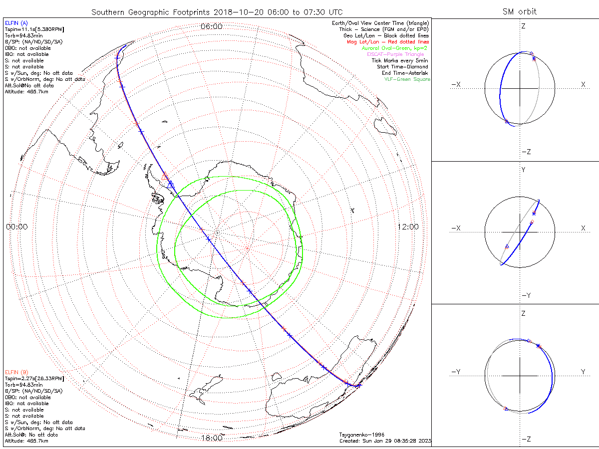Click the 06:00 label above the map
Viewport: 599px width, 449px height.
[211, 26]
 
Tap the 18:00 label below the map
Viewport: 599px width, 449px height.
[211, 438]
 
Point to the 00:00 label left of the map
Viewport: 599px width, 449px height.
[16, 226]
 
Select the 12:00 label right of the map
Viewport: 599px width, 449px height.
[408, 226]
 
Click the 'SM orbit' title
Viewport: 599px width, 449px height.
[520, 11]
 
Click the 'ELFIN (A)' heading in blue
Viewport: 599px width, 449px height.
[16, 23]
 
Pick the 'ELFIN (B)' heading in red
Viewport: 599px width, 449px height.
[16, 372]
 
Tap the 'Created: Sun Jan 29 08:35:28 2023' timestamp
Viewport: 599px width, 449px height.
[384, 441]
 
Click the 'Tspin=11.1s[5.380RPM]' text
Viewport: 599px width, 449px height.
[34, 30]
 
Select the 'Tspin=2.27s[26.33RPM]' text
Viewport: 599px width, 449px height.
[34, 379]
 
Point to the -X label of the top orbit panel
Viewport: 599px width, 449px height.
[455, 85]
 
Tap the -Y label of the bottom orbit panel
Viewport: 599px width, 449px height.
[455, 372]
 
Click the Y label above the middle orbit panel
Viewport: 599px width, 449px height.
[523, 170]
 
